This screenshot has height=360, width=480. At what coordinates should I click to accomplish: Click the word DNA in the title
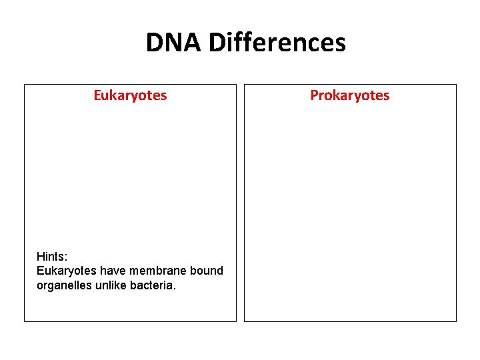pos(175,43)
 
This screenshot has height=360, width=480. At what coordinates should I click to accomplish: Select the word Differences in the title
pos(277,43)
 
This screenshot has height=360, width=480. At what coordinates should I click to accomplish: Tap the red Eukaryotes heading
pos(130,95)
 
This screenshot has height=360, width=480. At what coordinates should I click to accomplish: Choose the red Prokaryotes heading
pos(349,95)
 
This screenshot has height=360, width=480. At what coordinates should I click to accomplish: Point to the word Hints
pos(51,256)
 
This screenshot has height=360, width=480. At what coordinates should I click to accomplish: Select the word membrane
pos(157,271)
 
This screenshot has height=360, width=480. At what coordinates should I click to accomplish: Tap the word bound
pos(205,271)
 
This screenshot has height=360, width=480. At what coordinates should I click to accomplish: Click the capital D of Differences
pos(217,43)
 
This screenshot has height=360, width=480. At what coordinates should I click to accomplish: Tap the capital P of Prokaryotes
pos(314,95)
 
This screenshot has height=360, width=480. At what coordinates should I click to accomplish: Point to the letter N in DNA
pos(175,43)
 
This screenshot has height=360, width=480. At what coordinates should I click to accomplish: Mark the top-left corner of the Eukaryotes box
pos(25,85)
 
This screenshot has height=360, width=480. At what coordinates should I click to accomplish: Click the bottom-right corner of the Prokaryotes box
pos(456,321)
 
